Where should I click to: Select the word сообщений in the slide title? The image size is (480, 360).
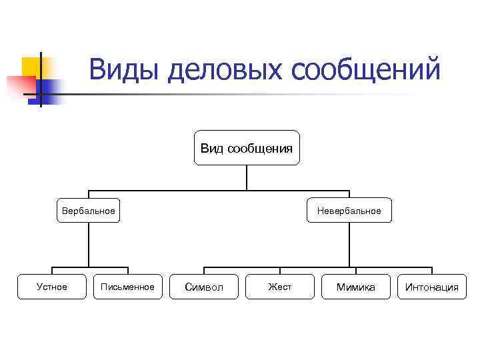tap(365, 71)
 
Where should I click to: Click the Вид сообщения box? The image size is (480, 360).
tap(247, 147)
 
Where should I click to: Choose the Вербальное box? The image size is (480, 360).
tap(88, 211)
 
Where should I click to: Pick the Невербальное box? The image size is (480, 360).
tap(349, 211)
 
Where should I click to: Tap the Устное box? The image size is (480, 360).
tap(51, 287)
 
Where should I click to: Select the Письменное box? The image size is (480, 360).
tap(127, 287)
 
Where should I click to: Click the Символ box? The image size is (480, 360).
tap(203, 287)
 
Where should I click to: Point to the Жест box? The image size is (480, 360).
tap(279, 287)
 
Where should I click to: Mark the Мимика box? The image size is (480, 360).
tap(355, 287)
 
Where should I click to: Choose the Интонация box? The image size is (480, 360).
tap(432, 287)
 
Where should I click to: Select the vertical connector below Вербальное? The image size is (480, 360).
tap(88, 245)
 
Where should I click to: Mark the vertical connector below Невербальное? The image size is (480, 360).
tap(349, 245)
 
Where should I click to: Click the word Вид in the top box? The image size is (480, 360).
tap(212, 147)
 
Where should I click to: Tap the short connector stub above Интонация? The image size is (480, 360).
tap(432, 271)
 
